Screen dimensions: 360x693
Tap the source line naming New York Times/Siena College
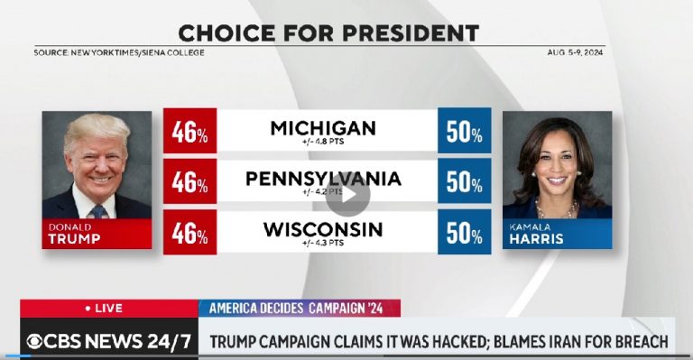(x=119, y=52)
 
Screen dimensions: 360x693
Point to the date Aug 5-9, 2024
(x=574, y=52)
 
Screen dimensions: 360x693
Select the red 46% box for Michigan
(x=189, y=130)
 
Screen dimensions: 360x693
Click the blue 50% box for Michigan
(x=464, y=130)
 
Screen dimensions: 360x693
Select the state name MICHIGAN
(x=323, y=128)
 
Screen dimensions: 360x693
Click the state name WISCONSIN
(x=322, y=229)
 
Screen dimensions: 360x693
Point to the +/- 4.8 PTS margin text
(x=323, y=142)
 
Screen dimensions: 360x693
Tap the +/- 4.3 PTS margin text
(x=322, y=244)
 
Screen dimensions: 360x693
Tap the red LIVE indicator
(x=103, y=308)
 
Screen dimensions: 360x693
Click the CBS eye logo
(x=34, y=341)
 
